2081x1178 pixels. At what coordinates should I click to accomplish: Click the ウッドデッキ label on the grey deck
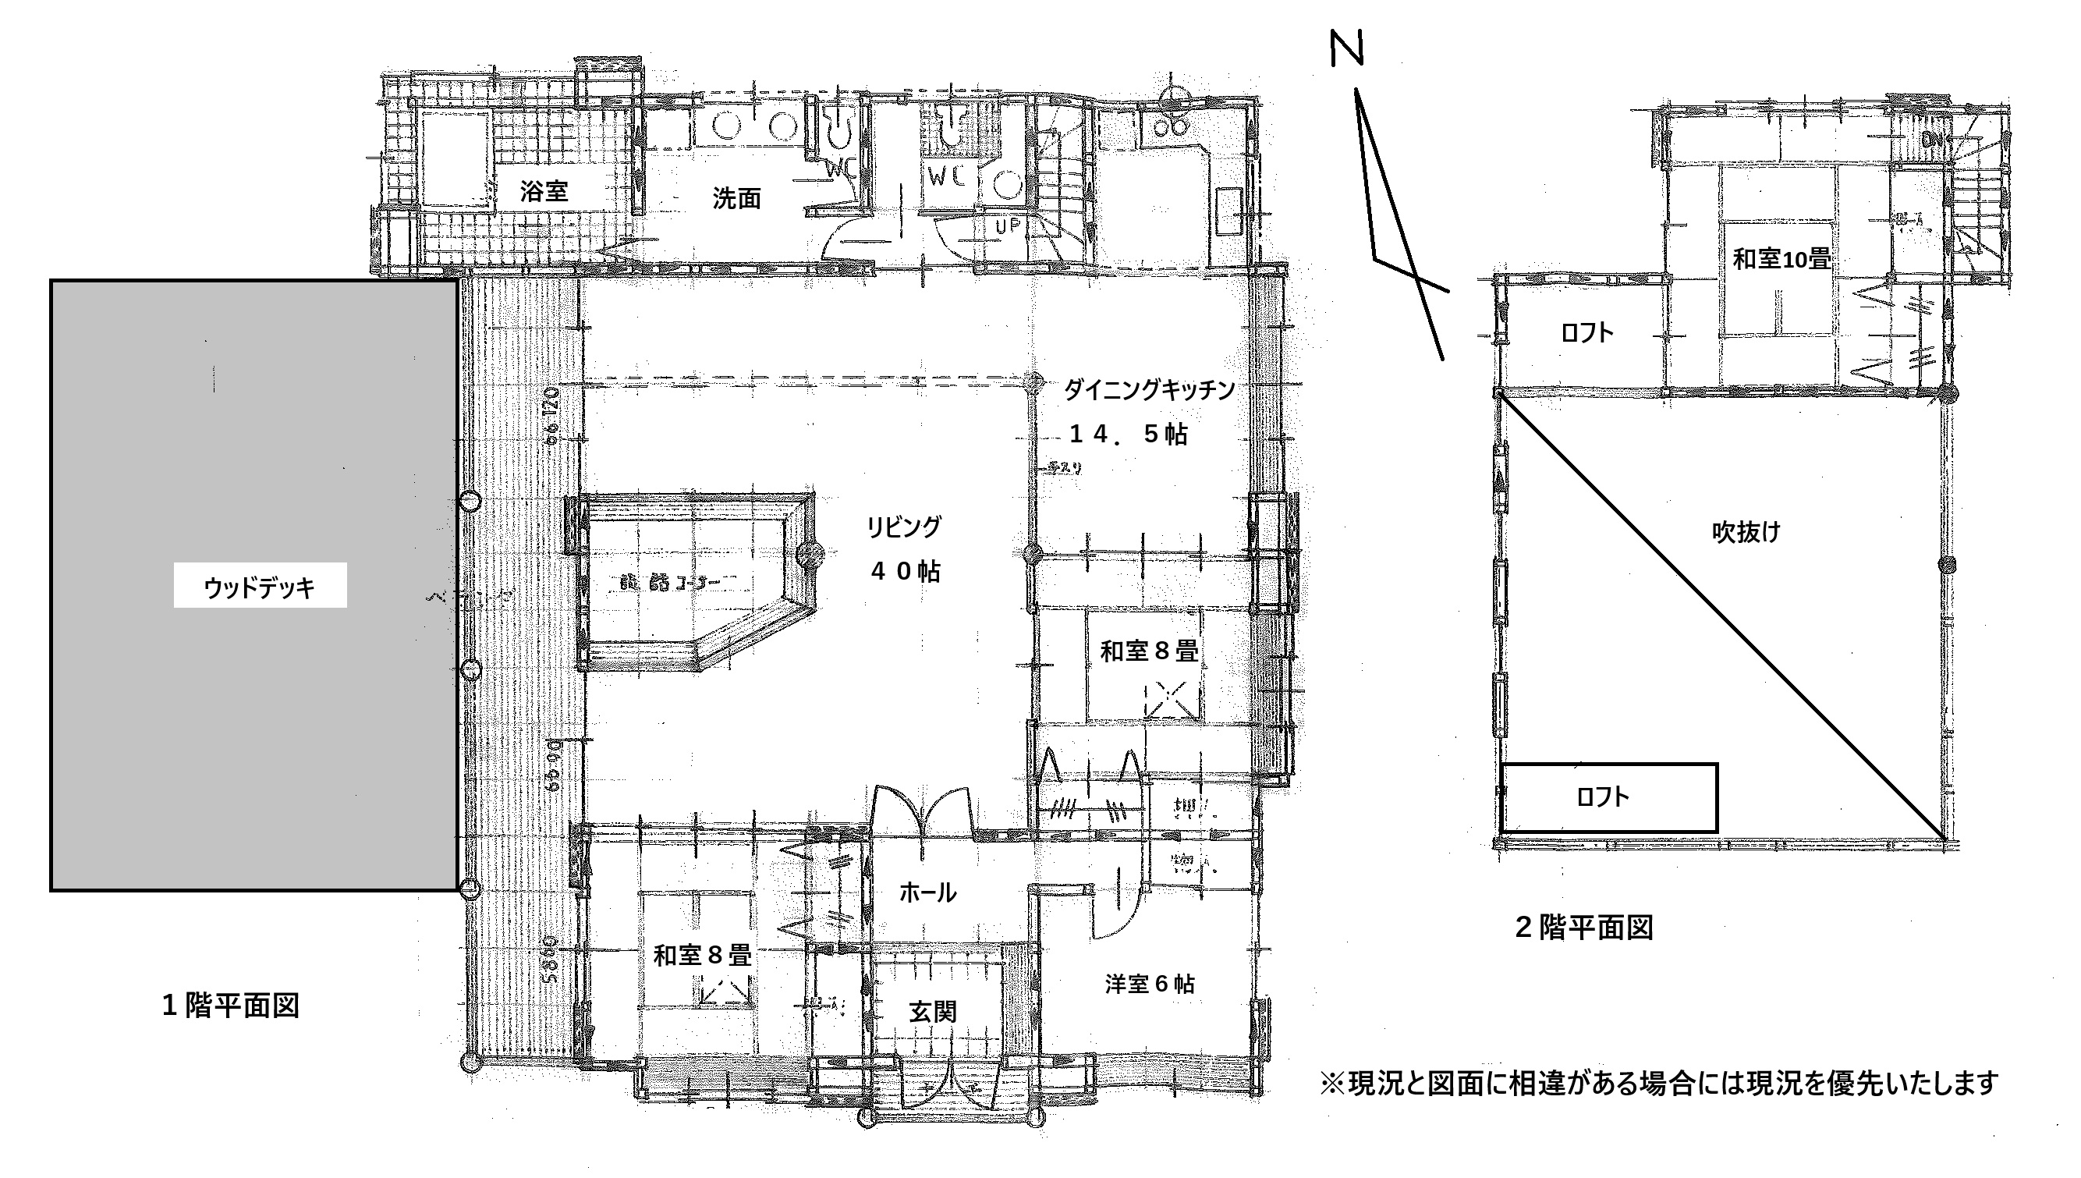260,587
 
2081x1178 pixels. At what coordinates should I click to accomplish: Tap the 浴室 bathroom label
544,192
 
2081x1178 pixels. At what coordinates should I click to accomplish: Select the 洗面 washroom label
736,198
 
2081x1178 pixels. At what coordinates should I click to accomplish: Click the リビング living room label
904,527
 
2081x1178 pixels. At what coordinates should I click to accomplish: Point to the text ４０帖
905,571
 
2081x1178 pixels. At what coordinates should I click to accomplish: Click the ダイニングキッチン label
1148,390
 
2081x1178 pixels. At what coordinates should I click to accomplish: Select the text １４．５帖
1129,435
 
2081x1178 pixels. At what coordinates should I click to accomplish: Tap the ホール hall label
927,892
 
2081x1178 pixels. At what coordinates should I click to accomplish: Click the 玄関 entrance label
933,1011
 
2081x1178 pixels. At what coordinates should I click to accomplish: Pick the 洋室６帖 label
1149,984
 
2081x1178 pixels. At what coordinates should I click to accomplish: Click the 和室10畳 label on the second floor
1781,259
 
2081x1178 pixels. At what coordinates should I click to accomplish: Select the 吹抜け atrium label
1746,531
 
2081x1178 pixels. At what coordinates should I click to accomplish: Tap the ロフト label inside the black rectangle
1602,797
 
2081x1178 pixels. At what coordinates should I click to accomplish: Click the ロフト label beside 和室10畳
1586,332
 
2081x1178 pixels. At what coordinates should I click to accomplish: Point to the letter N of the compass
1346,48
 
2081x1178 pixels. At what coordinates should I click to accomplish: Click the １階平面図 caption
231,1006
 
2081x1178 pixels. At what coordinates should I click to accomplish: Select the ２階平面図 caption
1583,928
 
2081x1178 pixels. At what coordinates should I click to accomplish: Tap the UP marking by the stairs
1008,226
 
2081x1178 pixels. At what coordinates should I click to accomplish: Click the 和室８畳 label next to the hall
702,956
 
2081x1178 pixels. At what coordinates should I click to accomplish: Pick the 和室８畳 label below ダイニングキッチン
1148,651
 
